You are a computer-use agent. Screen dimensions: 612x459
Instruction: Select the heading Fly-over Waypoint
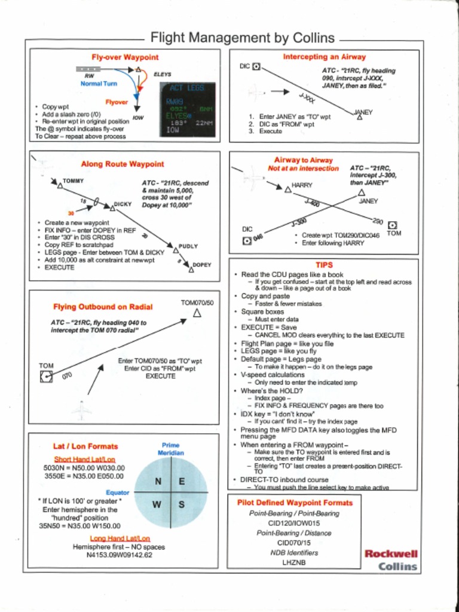125,57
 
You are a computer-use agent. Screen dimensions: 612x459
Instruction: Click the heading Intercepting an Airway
324,57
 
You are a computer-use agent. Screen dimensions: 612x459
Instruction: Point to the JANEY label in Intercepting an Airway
363,112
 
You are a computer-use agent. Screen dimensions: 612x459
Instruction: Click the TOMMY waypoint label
73,180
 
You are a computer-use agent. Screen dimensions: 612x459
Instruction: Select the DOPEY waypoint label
202,264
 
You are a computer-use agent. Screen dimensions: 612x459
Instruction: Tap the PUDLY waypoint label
188,246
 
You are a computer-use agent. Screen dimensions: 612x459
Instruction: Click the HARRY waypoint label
302,185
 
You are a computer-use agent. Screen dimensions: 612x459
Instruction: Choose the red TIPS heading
324,265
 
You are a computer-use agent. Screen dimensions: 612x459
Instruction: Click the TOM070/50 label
197,303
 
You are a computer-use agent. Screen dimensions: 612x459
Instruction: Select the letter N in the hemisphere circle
158,482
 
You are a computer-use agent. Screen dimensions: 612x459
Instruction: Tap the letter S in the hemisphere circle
182,504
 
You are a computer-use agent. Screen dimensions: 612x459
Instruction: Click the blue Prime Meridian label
170,449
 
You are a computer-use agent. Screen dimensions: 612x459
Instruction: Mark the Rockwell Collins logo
391,560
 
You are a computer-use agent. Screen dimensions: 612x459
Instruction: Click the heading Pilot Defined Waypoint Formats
295,503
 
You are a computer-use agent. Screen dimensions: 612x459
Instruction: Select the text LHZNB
294,562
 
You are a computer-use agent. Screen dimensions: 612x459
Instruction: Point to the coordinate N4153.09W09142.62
119,555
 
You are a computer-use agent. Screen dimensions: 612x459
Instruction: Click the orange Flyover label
117,102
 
